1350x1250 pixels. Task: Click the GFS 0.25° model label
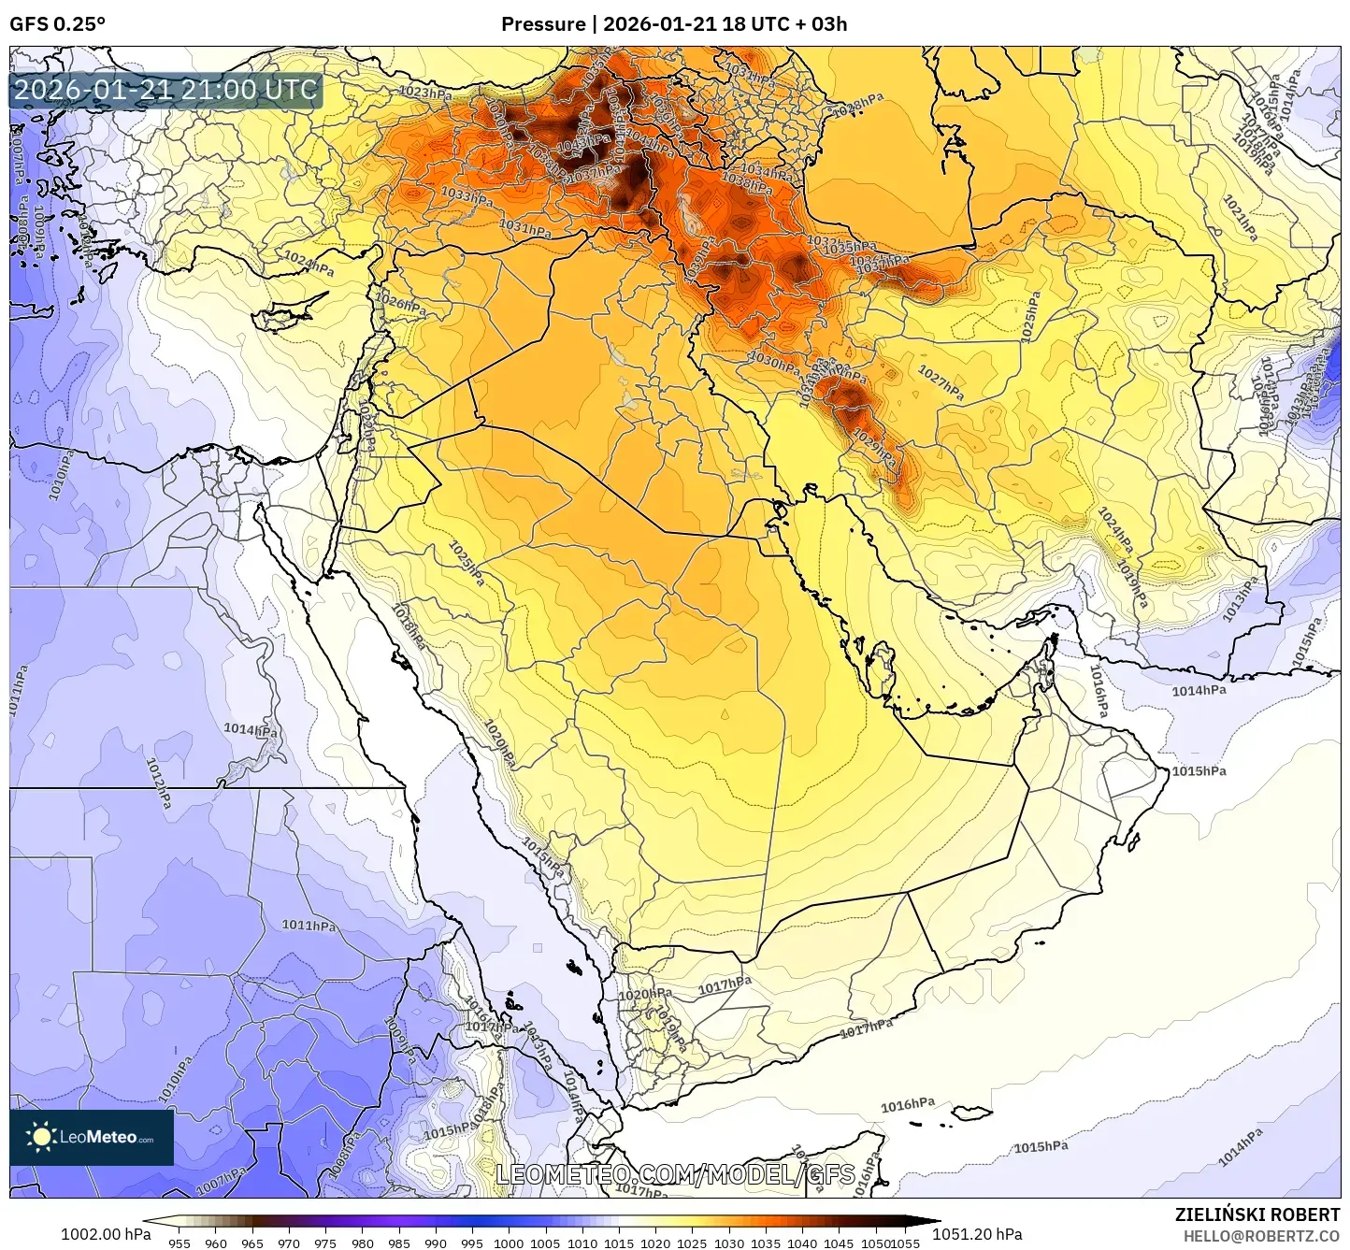(57, 24)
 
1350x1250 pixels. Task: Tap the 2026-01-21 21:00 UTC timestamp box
(165, 91)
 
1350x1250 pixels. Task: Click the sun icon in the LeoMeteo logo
(41, 1137)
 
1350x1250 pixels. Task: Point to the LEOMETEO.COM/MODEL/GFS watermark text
(675, 1174)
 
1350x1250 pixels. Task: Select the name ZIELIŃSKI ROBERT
(1257, 1214)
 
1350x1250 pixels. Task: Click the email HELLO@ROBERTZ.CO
(1261, 1236)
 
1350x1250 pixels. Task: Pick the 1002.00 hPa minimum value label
(105, 1234)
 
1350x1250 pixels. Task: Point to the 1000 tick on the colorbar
(509, 1243)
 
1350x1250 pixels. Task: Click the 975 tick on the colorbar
(325, 1243)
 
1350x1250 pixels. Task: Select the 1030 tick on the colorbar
(729, 1243)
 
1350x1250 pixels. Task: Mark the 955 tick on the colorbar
(179, 1243)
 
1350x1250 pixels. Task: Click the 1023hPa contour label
(425, 92)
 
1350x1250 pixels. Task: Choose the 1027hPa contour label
(941, 383)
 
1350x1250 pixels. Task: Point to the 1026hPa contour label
(401, 304)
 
